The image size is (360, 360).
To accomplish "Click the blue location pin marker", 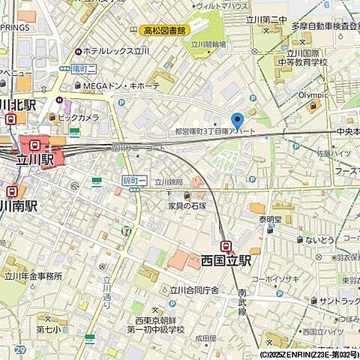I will coord(238,121).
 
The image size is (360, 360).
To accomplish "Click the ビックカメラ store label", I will coord(78,118).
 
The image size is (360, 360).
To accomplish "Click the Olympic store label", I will coord(313,95).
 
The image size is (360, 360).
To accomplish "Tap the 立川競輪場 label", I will coord(208,44).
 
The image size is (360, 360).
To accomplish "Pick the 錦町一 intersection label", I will coord(133,180).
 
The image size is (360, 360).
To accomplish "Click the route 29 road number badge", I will coord(19,350).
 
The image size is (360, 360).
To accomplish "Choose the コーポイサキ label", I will coord(276,278).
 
